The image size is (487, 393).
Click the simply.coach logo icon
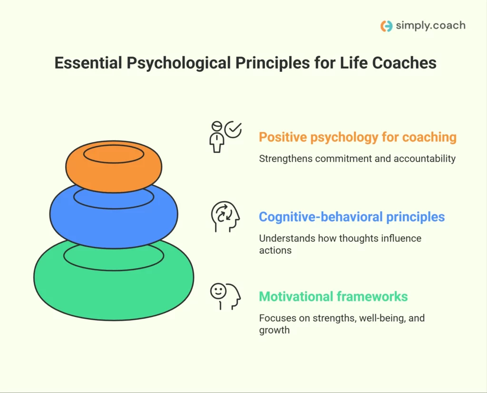coord(387,26)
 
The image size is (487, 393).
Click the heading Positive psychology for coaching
coord(357,137)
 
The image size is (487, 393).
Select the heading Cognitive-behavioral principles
coord(351,217)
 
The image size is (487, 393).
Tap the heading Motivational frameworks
coord(333,297)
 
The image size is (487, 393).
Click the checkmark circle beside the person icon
coord(233,129)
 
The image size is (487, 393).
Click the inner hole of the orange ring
coord(113,153)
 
